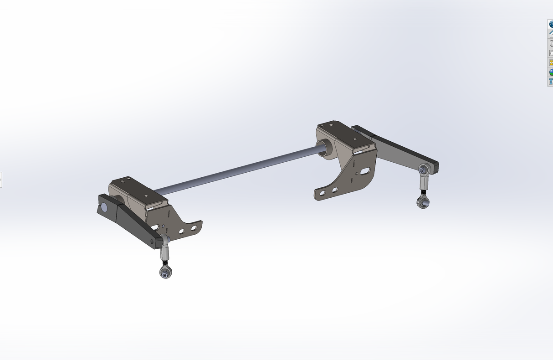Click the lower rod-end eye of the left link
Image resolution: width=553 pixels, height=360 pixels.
pyautogui.click(x=165, y=273)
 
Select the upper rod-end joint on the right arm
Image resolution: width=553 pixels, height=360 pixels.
pyautogui.click(x=423, y=170)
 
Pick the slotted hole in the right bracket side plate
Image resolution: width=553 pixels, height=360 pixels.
pyautogui.click(x=365, y=171)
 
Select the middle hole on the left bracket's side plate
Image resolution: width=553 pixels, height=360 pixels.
pyautogui.click(x=181, y=231)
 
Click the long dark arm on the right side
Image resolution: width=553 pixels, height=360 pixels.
pyautogui.click(x=401, y=150)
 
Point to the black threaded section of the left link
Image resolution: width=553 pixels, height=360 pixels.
pyautogui.click(x=164, y=262)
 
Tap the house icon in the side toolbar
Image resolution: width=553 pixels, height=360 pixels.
pyautogui.click(x=550, y=34)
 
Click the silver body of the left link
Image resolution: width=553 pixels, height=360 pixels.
pyautogui.click(x=165, y=252)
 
